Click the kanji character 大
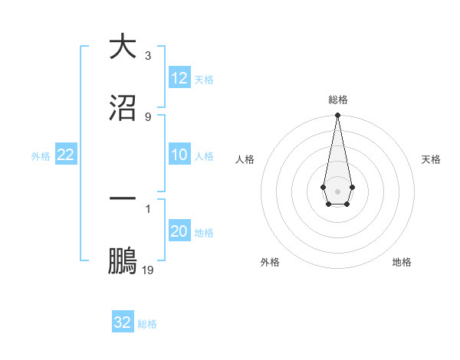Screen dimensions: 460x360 click(x=123, y=46)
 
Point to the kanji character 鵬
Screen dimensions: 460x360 click(x=123, y=260)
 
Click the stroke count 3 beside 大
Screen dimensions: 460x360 click(x=148, y=56)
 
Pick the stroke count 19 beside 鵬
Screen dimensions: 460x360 click(x=148, y=270)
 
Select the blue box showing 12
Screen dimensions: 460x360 click(x=179, y=78)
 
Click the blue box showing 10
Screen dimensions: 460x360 click(x=179, y=155)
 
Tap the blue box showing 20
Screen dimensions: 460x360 click(x=179, y=231)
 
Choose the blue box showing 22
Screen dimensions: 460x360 click(x=66, y=155)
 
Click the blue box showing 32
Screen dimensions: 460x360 click(x=123, y=322)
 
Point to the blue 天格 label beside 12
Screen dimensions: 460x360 click(x=204, y=79)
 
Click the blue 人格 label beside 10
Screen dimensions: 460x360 click(x=204, y=155)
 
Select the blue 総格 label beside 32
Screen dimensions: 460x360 click(x=147, y=323)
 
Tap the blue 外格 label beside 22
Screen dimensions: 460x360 click(x=41, y=155)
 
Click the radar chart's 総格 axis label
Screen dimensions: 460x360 click(x=337, y=100)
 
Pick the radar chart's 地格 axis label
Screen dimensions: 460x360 click(x=402, y=262)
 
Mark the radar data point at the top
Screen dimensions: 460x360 click(x=337, y=115)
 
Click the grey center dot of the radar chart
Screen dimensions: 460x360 click(x=337, y=190)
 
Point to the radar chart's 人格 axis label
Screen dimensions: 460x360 click(x=245, y=159)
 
